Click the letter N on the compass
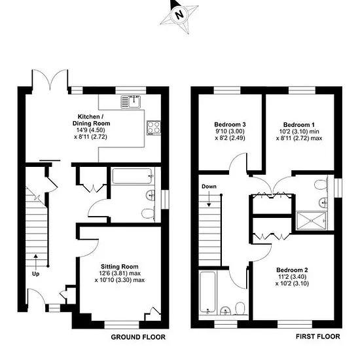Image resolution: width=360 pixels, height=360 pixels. (179, 15)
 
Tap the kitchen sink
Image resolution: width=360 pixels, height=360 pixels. (131, 101)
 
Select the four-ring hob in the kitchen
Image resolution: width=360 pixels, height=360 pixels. (154, 128)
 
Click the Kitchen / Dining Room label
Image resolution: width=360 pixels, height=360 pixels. (91, 120)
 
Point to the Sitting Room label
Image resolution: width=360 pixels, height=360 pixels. (120, 266)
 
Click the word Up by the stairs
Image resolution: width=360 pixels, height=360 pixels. (35, 274)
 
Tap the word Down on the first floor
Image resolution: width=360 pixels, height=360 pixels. (209, 187)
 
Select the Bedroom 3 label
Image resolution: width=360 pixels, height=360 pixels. (230, 124)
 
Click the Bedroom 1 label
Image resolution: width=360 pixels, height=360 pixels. (299, 125)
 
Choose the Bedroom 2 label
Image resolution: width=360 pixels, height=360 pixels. (292, 270)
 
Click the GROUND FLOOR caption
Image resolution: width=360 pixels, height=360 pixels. (138, 337)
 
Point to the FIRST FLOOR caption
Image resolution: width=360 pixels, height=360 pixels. (317, 336)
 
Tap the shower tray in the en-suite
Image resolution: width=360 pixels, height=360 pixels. (312, 221)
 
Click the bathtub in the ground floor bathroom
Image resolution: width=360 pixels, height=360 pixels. (132, 176)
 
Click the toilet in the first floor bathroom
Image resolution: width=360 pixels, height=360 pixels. (241, 308)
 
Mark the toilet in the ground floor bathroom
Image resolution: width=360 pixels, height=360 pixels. (148, 214)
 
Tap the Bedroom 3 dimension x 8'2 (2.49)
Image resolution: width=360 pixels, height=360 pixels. (230, 138)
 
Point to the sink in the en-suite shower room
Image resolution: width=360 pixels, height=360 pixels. (324, 202)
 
